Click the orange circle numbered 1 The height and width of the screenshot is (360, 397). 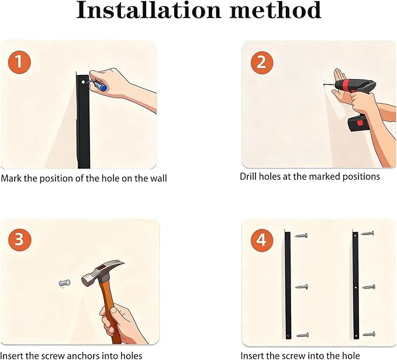point(19,62)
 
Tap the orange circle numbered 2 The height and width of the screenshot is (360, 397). point(262,63)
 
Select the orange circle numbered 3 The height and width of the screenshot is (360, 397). point(20,239)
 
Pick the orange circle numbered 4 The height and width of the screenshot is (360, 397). point(262,240)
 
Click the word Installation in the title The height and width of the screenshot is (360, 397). point(149,11)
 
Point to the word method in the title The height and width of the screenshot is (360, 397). point(275,11)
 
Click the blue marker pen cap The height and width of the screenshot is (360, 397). point(103,88)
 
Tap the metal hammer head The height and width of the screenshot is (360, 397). point(102,272)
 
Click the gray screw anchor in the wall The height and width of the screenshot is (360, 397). point(64,283)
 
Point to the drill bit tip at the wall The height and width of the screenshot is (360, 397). point(324,84)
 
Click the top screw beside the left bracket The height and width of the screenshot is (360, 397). point(301,235)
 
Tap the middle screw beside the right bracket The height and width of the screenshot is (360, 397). point(368,287)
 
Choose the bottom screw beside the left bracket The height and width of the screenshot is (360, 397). point(302,335)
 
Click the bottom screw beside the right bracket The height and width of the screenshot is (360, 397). point(369,334)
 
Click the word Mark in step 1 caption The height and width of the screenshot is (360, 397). point(12,178)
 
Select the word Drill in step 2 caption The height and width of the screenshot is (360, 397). point(248,176)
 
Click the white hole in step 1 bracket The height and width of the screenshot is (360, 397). point(83,82)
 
